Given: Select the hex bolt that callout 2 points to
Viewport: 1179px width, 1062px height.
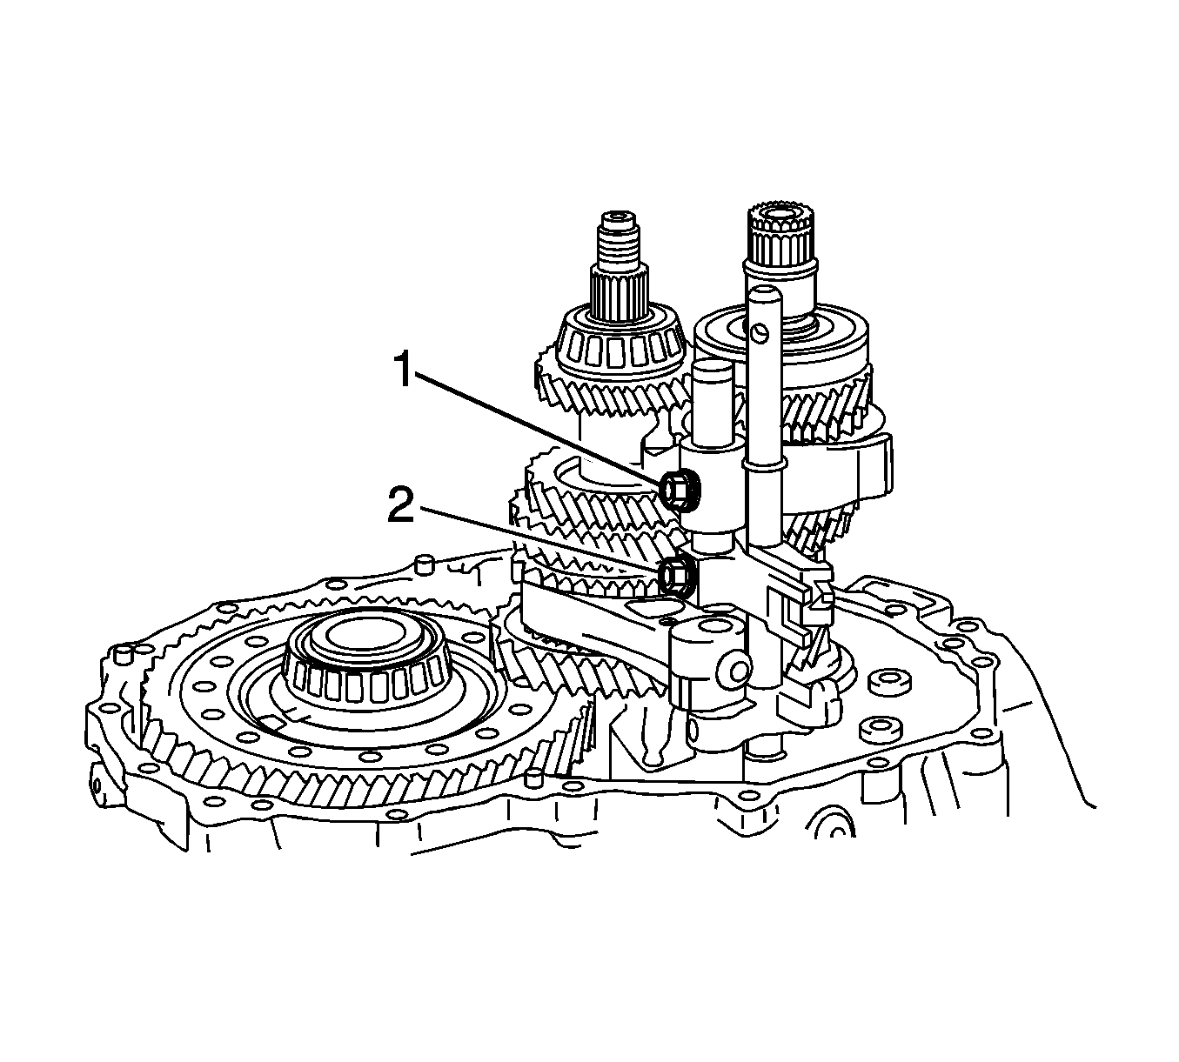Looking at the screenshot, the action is [x=678, y=575].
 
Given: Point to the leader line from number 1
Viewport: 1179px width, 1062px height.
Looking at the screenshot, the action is [x=541, y=430].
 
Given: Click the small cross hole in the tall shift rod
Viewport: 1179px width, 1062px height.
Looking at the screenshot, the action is [x=760, y=333].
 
